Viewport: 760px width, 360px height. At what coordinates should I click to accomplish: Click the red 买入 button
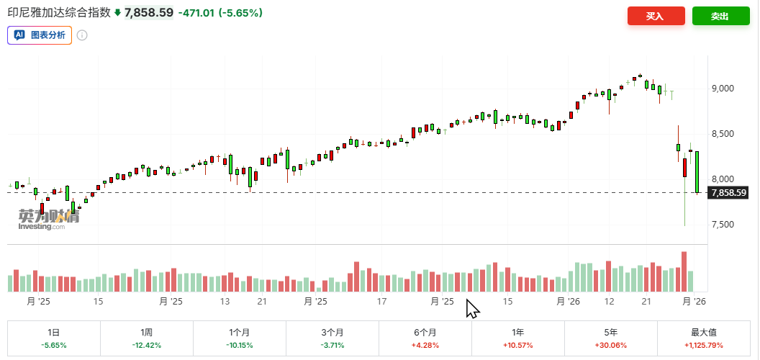(655, 16)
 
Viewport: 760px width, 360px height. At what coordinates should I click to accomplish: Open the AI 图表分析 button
(40, 35)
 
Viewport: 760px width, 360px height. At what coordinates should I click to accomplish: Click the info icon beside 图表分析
(82, 35)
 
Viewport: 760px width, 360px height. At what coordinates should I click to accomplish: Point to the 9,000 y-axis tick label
(721, 89)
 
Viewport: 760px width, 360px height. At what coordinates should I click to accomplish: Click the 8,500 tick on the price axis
(721, 134)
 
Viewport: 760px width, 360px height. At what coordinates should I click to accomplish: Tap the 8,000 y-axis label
(721, 179)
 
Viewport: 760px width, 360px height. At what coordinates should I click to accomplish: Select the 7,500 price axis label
(721, 225)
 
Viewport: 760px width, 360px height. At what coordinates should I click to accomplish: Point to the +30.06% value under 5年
(611, 346)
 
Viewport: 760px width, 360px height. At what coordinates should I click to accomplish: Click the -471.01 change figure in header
(196, 13)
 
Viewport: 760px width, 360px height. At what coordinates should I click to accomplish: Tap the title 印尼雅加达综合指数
(59, 13)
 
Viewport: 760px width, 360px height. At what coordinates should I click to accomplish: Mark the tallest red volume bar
(684, 271)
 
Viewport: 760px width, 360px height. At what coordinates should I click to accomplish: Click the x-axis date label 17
(382, 302)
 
